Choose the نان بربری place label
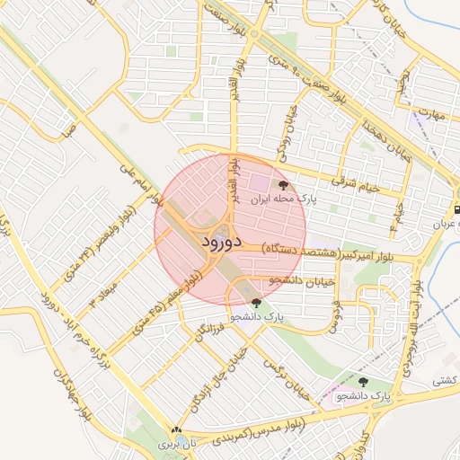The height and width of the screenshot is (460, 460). point(177,445)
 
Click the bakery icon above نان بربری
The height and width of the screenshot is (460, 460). point(177,431)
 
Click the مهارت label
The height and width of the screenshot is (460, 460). point(432,116)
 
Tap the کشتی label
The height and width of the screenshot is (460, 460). point(445,381)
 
